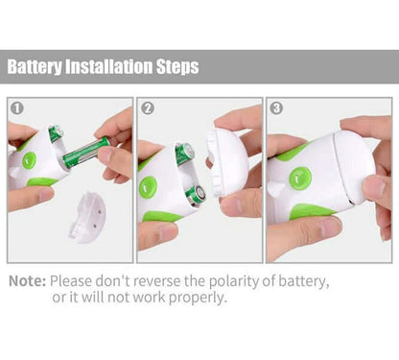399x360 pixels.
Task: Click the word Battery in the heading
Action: point(35,66)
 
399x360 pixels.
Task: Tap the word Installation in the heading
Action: point(109,66)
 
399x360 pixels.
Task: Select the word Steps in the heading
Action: point(177,67)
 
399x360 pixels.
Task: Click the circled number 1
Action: point(17,108)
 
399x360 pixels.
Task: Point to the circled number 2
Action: point(148,108)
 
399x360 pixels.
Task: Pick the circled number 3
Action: point(276,108)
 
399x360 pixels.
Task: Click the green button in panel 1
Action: point(30,160)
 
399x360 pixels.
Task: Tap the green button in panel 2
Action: point(148,186)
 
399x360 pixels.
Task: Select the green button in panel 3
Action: point(300,179)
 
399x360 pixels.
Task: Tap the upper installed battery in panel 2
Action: point(185,154)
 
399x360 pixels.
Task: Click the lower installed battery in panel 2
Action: point(196,195)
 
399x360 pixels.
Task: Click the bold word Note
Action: point(28,281)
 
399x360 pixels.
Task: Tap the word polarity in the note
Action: point(234,282)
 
